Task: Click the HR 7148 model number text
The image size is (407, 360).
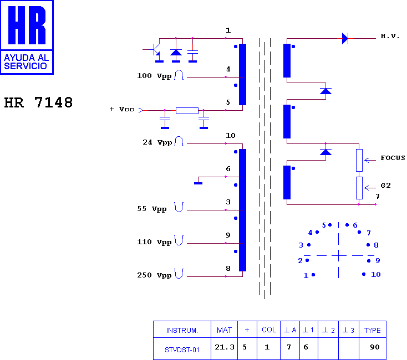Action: click(38, 102)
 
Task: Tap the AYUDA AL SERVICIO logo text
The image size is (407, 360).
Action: click(27, 62)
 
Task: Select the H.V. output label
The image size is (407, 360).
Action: click(390, 36)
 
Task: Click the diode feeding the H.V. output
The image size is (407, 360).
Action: click(345, 38)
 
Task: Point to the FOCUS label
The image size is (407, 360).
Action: click(393, 158)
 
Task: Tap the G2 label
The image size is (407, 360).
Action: click(385, 186)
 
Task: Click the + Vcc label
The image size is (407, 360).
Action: click(122, 109)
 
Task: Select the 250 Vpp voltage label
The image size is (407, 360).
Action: click(154, 275)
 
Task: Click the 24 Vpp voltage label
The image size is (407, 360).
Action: click(157, 142)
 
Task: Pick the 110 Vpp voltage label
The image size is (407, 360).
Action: click(154, 242)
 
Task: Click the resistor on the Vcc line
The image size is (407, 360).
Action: click(187, 111)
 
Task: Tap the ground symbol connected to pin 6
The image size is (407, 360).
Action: click(199, 183)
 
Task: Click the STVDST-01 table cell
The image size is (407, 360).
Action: click(182, 350)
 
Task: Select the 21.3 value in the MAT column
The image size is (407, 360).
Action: click(225, 347)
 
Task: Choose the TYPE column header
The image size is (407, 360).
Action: click(373, 331)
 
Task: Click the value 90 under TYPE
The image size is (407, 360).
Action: click(375, 347)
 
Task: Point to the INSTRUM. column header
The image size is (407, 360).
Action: click(182, 331)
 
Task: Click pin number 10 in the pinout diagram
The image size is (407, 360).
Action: click(376, 275)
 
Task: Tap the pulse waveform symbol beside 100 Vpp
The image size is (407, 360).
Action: click(179, 75)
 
